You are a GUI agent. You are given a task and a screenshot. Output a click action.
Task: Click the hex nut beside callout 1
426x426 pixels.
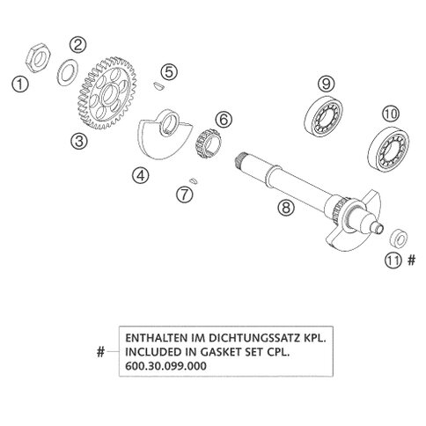coord(38,58)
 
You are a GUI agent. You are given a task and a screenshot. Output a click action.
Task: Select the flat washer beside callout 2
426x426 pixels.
coord(67,72)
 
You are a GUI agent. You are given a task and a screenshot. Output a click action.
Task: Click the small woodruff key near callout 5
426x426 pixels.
coord(159,85)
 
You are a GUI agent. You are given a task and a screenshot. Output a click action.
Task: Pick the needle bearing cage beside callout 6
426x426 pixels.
coord(208,143)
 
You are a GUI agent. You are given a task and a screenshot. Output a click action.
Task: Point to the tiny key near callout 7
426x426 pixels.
coord(194,180)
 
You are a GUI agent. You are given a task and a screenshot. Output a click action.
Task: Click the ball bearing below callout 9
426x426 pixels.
coord(324,115)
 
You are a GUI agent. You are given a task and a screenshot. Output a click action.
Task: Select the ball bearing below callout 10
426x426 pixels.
coord(388,149)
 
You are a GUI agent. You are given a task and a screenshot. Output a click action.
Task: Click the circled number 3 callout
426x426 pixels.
coord(79,141)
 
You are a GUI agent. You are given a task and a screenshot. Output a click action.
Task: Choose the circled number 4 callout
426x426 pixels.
coord(140,175)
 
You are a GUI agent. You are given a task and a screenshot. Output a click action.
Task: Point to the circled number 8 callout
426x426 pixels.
coord(286,208)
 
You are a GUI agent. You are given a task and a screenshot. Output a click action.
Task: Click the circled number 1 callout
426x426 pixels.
coord(20,84)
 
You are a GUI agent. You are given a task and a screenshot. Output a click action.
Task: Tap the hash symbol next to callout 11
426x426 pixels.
coord(412,260)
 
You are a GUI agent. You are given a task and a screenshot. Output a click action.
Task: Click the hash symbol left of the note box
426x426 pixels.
coord(100,351)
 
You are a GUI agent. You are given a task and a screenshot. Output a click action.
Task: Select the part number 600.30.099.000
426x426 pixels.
coord(165,366)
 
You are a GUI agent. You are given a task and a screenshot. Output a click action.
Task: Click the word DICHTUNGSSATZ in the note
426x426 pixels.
coord(251,338)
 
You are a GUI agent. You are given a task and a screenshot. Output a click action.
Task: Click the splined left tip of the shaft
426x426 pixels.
coord(240,160)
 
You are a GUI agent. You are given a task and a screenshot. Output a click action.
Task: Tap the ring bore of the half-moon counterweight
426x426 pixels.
coord(170,123)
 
